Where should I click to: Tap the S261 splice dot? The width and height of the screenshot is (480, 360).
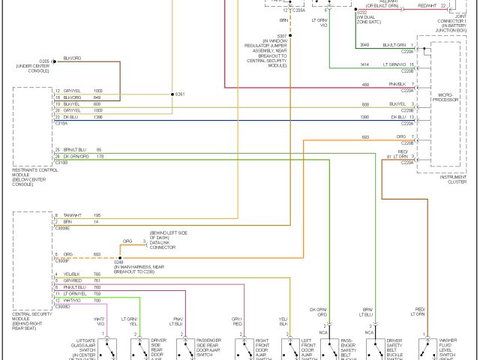pyautogui.click(x=171, y=95)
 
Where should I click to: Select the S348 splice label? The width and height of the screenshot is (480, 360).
pyautogui.click(x=119, y=262)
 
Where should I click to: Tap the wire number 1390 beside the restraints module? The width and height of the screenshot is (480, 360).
pyautogui.click(x=98, y=118)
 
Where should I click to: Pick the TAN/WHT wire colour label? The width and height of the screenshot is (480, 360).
pyautogui.click(x=73, y=215)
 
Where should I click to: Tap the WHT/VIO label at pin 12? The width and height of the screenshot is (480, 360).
pyautogui.click(x=72, y=300)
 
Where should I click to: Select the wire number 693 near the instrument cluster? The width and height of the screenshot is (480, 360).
pyautogui.click(x=365, y=136)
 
